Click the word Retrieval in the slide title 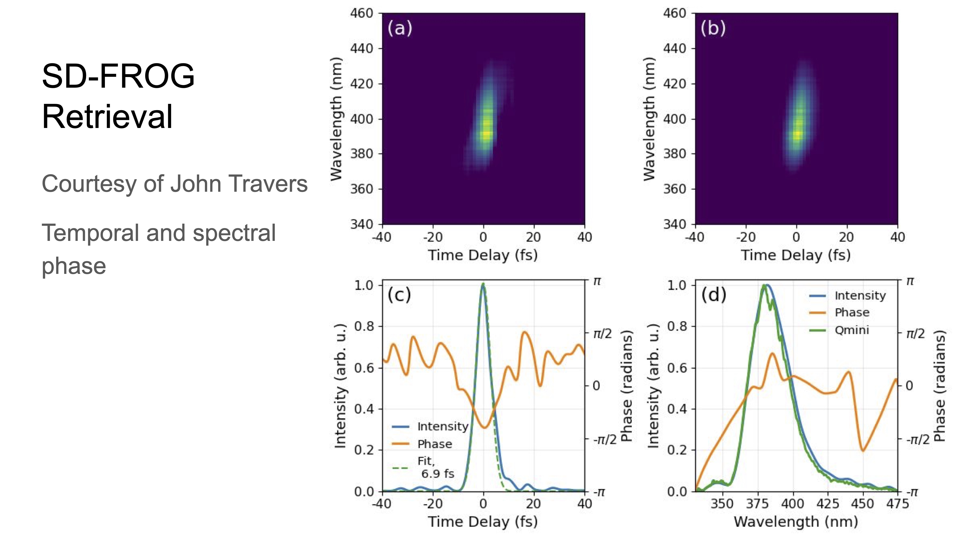coord(107,117)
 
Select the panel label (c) coord(399,295)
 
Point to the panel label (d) coord(713,295)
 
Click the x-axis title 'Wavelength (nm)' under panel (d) coord(796,521)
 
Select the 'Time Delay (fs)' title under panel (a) coord(483,255)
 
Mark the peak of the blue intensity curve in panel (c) coord(483,284)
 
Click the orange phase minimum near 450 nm coord(862,450)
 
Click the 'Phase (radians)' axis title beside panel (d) coord(939,386)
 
